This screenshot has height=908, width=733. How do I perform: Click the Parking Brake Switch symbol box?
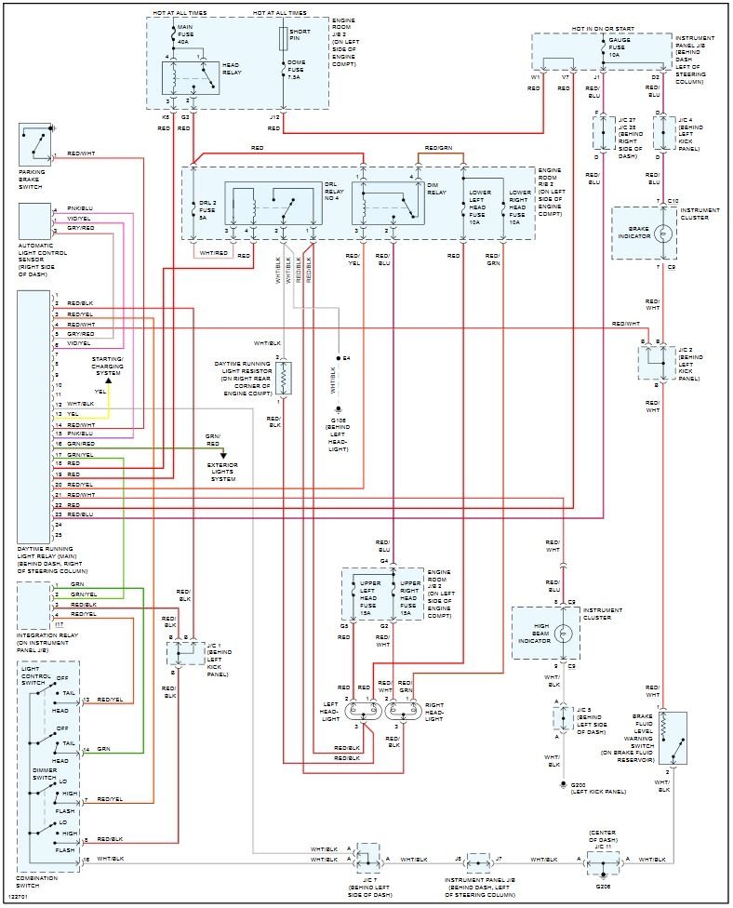click(x=34, y=143)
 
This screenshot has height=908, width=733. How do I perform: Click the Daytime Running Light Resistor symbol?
click(x=285, y=378)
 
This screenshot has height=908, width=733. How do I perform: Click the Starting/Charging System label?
click(x=107, y=365)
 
